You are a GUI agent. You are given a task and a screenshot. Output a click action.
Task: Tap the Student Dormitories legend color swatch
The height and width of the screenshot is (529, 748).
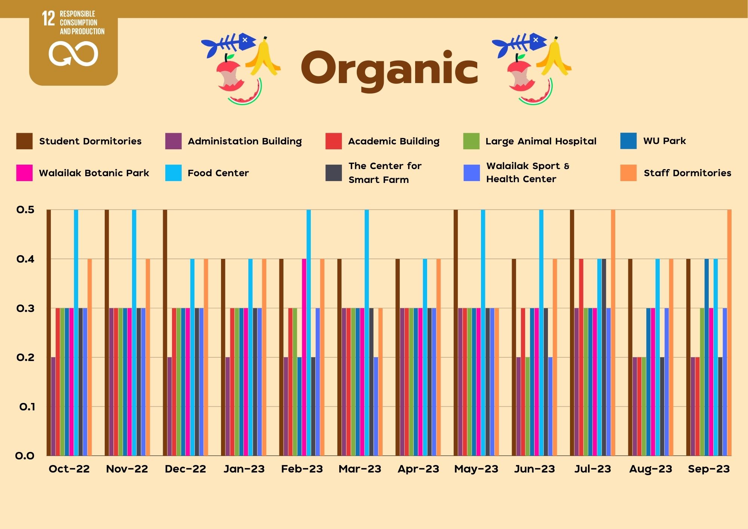[x=24, y=141]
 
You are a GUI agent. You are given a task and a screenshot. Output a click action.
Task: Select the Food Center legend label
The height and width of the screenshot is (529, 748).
[x=218, y=173]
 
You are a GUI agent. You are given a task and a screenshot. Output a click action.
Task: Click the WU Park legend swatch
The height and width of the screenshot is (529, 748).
[x=628, y=141]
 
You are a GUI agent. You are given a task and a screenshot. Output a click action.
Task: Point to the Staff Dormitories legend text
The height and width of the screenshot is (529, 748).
[x=687, y=173]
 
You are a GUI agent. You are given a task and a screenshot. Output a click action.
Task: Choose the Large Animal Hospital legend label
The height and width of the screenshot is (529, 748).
[x=541, y=141]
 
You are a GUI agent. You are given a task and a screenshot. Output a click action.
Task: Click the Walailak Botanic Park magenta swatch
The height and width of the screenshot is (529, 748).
[x=24, y=173]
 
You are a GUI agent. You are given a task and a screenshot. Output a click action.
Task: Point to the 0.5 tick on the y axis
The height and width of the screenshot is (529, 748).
[x=25, y=210]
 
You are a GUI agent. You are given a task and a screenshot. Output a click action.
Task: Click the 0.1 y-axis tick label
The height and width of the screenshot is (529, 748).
[x=27, y=407]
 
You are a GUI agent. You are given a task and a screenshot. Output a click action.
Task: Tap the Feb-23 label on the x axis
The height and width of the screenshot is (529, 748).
[x=302, y=469]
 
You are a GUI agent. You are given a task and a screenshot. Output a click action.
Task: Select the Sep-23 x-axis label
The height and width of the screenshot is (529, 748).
[x=709, y=469]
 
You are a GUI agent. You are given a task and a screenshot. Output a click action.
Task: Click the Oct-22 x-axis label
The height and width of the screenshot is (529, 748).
[x=69, y=469]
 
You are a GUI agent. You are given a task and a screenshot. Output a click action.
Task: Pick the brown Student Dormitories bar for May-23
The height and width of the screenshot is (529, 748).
[x=456, y=333]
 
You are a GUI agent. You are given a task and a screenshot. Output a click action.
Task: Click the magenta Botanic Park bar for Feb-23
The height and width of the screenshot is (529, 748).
[x=304, y=357]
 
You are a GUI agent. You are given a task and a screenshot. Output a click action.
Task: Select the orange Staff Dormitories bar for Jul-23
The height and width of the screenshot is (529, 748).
[x=613, y=333]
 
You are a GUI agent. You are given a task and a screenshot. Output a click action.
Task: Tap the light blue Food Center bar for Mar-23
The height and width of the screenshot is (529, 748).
[x=367, y=333]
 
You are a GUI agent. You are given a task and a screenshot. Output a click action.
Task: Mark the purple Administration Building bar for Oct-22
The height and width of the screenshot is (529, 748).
[x=53, y=406]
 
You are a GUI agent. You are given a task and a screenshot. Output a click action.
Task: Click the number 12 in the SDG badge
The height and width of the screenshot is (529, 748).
[x=48, y=18]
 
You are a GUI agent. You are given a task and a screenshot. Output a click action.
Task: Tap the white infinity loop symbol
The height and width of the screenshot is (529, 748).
[x=73, y=54]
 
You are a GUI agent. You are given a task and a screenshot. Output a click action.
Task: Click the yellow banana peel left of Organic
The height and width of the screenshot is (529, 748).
[x=264, y=58]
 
